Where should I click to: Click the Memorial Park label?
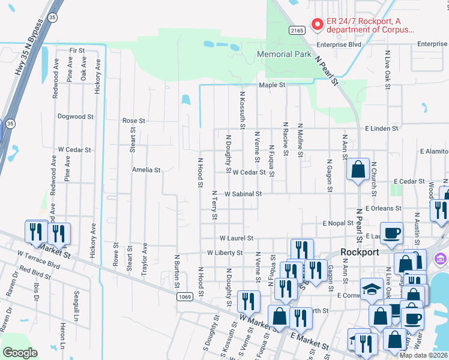[x=284, y=54]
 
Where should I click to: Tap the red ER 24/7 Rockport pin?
[x=316, y=25]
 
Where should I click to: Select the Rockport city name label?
[x=360, y=252]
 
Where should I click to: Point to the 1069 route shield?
[x=185, y=297]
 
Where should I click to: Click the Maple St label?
[x=271, y=85]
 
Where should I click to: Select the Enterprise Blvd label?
[x=339, y=44]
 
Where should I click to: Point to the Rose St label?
[x=134, y=121]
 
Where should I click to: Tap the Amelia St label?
[x=146, y=170]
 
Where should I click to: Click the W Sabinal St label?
[x=243, y=194]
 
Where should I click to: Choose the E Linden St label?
[x=382, y=128]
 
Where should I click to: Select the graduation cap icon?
[x=372, y=290]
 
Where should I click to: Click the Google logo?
[x=20, y=353]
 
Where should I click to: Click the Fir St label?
[x=77, y=50]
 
